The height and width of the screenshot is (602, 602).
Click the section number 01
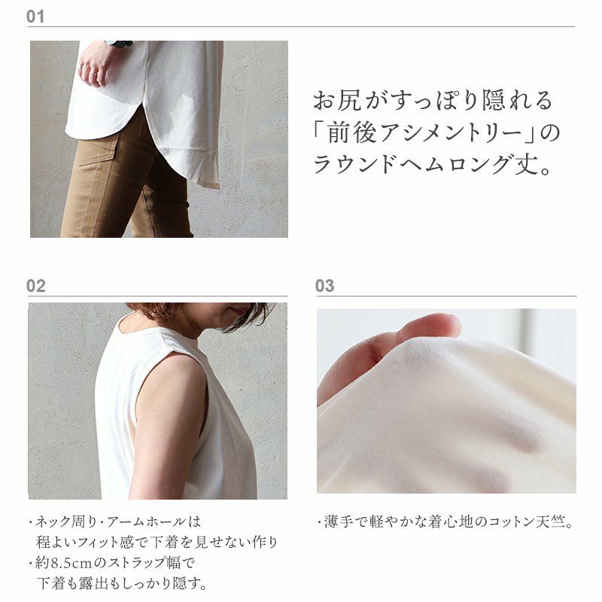coord(35,17)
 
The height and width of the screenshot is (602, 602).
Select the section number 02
coord(35,286)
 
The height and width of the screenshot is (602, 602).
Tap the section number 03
coord(325,286)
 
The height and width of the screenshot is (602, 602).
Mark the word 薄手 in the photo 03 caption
coord(338,521)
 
